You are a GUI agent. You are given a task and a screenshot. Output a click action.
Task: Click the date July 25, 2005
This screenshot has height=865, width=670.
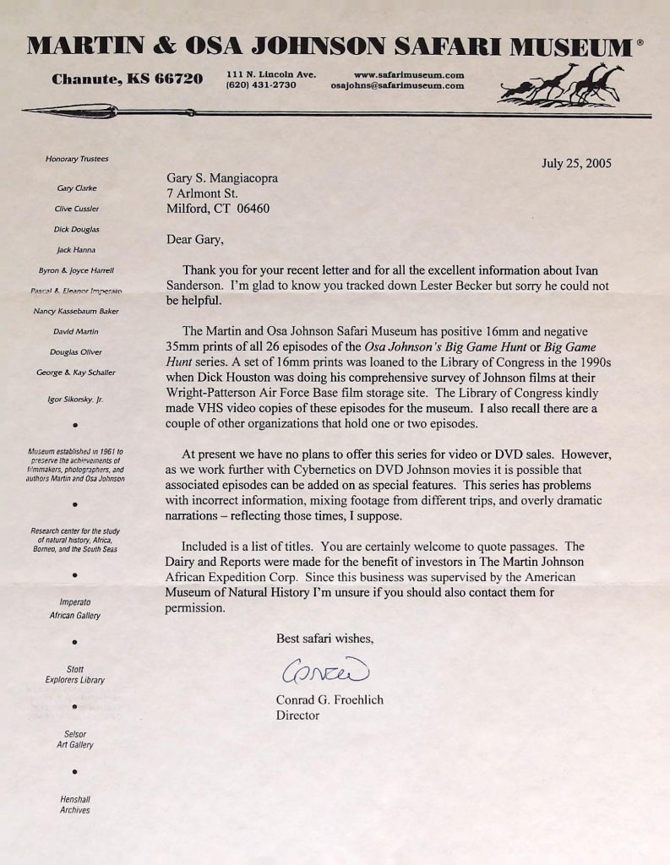576,163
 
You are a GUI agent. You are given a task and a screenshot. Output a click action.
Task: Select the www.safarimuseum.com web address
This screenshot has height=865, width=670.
408,74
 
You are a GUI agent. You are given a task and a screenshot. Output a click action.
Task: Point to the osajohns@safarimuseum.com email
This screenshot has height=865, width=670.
397,85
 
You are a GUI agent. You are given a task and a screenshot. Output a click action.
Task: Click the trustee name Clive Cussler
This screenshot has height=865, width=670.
77,209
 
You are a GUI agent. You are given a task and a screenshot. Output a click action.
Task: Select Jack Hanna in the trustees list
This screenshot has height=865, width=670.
76,250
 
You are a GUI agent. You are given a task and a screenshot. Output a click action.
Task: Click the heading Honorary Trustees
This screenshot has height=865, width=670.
77,159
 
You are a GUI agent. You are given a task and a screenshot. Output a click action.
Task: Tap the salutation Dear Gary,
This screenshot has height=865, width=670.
196,239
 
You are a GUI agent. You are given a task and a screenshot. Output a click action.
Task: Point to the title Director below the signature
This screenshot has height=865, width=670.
297,715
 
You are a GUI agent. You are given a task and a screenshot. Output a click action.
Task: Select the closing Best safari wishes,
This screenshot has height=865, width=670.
324,639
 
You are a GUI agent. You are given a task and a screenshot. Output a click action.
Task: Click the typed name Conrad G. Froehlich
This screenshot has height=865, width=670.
330,700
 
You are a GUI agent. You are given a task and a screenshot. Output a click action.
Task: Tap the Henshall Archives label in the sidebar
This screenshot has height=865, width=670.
75,804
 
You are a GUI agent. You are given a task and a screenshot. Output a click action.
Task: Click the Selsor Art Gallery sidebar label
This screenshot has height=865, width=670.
75,739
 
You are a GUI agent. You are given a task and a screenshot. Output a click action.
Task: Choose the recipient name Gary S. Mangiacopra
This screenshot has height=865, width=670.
222,178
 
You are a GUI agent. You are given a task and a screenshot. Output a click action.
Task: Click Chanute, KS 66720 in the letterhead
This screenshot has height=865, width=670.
127,79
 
